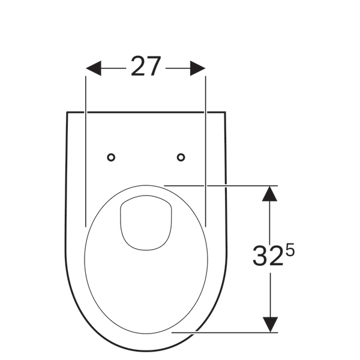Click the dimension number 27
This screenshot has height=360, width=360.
146,66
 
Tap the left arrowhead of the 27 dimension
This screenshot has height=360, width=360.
94,68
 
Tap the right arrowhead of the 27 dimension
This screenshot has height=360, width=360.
197,68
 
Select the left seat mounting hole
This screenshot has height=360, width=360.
111,157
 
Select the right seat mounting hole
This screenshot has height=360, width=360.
181,157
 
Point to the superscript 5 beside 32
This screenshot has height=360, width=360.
290,250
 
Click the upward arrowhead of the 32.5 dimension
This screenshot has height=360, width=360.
269,194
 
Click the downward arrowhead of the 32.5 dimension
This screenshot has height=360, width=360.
270,325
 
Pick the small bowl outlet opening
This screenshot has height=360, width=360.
146,223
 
